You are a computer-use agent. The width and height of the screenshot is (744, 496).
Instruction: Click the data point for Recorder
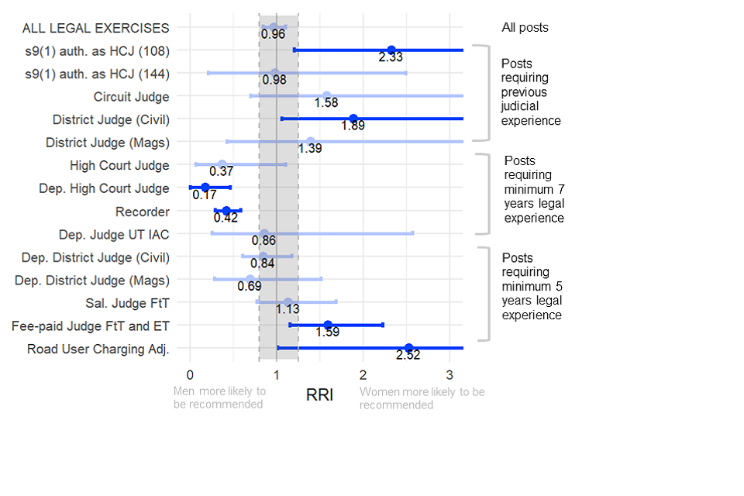coord(226,211)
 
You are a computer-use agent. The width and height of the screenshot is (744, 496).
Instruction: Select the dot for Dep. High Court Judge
coord(205,188)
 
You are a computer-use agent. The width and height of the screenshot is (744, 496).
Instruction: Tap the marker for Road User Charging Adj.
coord(408,348)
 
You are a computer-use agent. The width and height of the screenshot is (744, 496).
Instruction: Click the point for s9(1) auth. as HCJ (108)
coord(391,50)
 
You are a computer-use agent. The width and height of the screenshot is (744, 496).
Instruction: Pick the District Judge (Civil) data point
coord(353,119)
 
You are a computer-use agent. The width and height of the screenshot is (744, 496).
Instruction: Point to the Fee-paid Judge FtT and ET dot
coord(328,325)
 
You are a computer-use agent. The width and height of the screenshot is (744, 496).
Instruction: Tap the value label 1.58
coord(326,103)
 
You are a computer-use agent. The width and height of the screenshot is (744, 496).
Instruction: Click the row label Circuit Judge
coord(131,97)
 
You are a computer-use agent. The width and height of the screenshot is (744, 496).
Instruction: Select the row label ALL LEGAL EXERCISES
coord(95,28)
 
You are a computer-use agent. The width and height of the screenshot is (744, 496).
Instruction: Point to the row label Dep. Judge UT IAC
coord(114,234)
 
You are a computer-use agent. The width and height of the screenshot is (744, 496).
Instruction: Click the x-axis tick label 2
coord(363,376)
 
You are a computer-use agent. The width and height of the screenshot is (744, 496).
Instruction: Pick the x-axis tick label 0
coord(190,376)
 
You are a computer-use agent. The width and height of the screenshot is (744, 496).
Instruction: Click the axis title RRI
coord(319,394)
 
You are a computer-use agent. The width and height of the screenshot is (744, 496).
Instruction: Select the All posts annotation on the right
coord(525,28)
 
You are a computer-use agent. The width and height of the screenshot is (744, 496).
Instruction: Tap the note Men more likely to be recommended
coord(219,398)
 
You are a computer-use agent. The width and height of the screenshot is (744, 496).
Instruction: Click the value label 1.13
coord(288,309)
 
